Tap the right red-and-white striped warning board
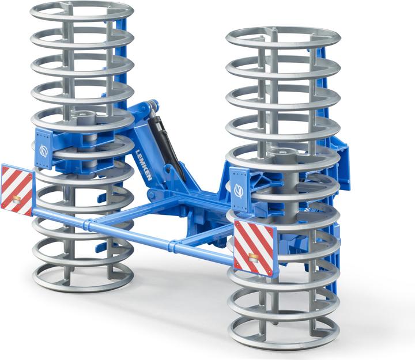tap(254, 247)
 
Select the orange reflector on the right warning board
tap(254, 257)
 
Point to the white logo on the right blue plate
tap(239, 190)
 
